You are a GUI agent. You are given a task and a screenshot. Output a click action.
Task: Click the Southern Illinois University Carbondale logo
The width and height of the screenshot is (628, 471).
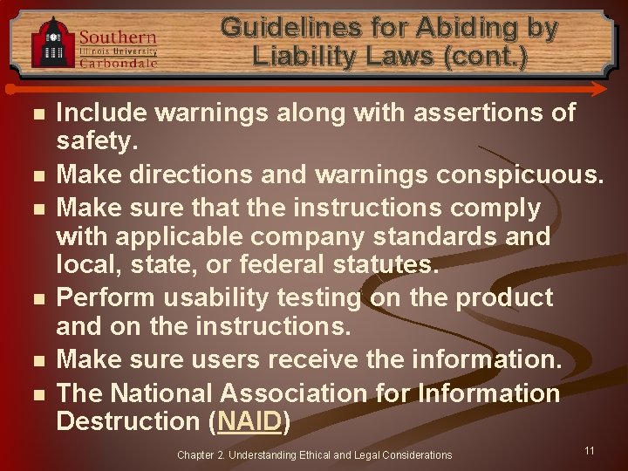(x=94, y=43)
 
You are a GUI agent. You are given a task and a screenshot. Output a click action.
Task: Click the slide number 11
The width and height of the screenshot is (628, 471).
(x=590, y=450)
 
